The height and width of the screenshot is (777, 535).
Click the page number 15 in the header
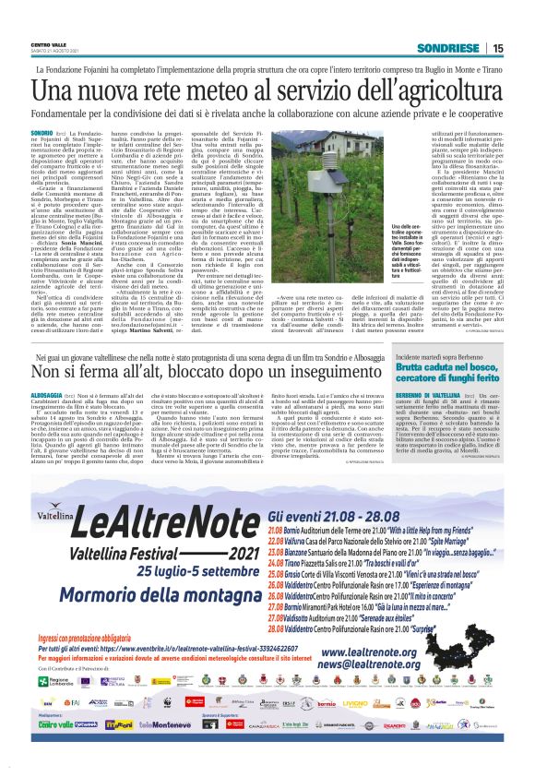pyautogui.click(x=497, y=48)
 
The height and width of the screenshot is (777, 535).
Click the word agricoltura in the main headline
pyautogui.click(x=442, y=90)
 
